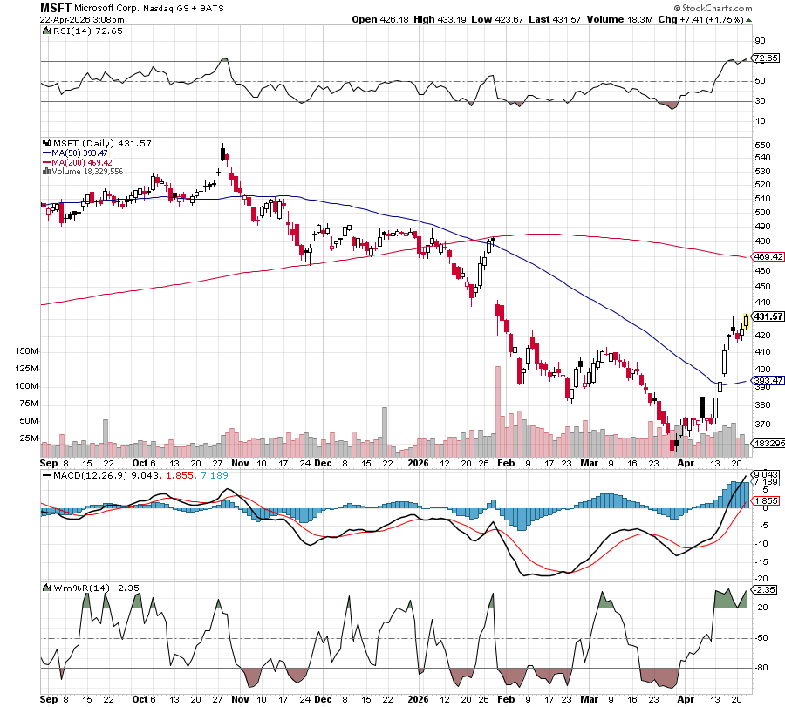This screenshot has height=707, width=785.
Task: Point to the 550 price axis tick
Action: (x=761, y=145)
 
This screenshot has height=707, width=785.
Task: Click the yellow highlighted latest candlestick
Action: (x=746, y=322)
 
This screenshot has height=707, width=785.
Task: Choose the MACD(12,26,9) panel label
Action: (x=81, y=475)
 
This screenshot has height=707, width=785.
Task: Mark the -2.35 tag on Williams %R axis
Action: (x=765, y=589)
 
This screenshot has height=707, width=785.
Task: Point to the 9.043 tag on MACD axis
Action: (x=765, y=474)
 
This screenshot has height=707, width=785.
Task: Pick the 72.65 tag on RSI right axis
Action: (x=765, y=58)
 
